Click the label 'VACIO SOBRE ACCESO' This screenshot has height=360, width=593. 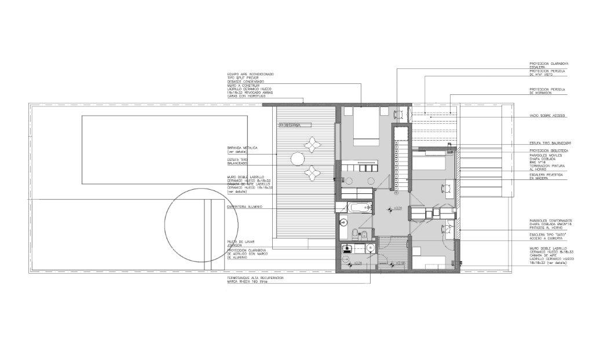point(548,116)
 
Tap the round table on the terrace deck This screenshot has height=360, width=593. point(298,158)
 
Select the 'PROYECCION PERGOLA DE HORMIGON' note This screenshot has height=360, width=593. point(547,91)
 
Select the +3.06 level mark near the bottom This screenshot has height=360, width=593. point(399,263)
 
